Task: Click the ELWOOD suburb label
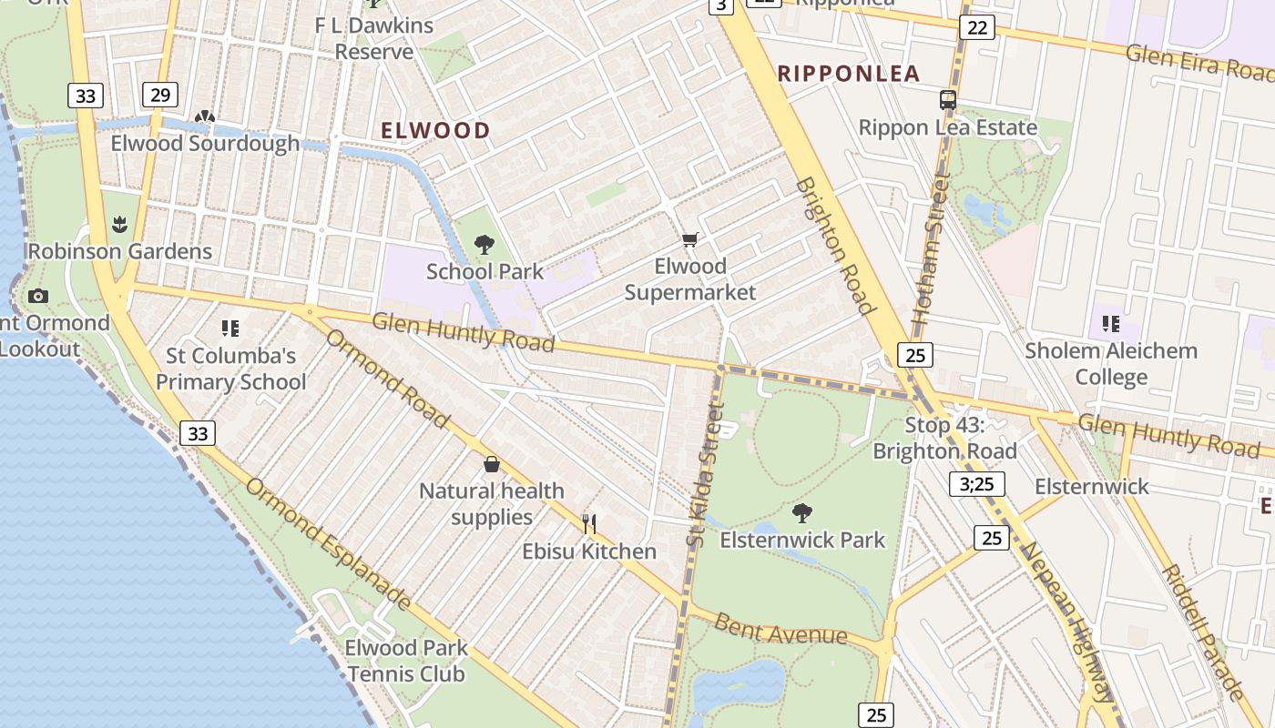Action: click(435, 130)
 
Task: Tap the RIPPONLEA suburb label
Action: click(848, 74)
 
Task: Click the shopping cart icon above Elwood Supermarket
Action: click(690, 240)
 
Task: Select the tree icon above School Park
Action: click(484, 244)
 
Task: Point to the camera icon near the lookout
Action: click(37, 296)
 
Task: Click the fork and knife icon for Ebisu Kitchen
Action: click(589, 523)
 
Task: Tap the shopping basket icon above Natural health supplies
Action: click(492, 464)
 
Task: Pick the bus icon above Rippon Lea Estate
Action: click(948, 100)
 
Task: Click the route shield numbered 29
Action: click(160, 95)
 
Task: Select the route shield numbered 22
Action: click(976, 27)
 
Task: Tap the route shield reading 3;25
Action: click(976, 484)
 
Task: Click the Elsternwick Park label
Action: click(802, 540)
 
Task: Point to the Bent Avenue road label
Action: click(780, 630)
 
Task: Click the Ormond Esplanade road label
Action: click(328, 543)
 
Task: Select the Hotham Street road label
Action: click(931, 250)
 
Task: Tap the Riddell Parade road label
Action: click(1202, 632)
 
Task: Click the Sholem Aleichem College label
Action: click(1111, 363)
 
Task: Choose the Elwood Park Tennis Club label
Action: click(406, 661)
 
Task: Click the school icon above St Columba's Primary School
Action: click(230, 328)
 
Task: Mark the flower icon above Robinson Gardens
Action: click(119, 224)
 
